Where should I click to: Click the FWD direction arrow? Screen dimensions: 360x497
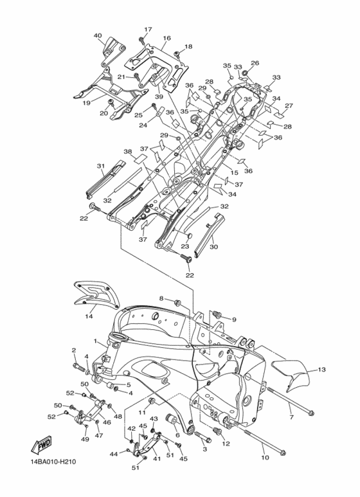pos(41,445)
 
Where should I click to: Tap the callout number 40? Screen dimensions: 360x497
pos(98,35)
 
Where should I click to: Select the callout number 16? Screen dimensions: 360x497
pos(166,38)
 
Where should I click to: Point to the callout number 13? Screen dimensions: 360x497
pos(321,370)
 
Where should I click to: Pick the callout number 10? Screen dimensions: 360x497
pos(265,457)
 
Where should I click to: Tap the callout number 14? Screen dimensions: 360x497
pos(89,316)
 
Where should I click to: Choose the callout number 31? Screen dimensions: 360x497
pos(101,166)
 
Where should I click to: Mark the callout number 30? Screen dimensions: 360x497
pos(214,247)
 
